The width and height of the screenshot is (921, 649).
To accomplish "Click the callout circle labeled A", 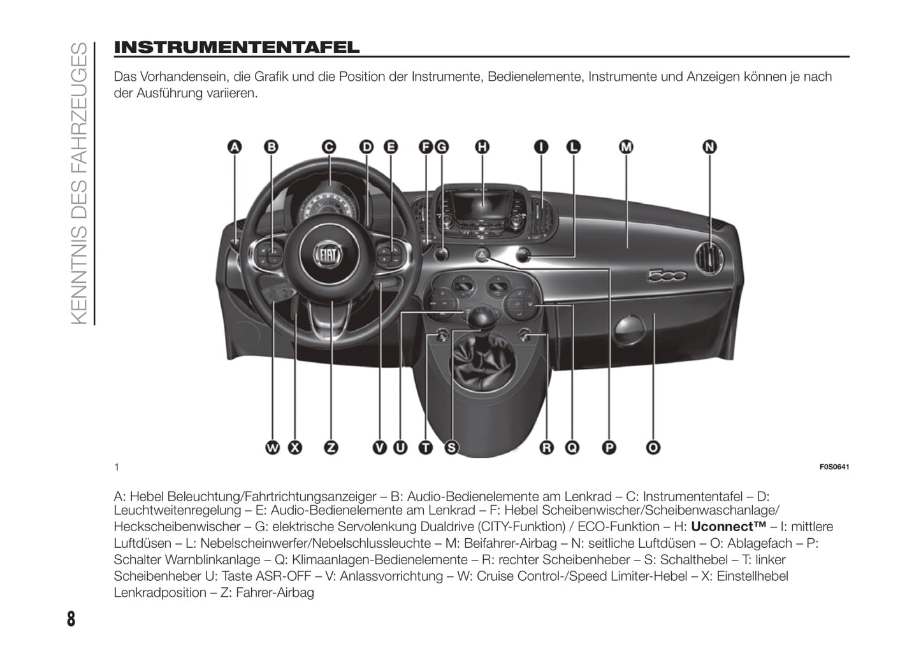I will click(235, 147).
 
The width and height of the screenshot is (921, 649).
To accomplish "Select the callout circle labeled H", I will click(482, 147).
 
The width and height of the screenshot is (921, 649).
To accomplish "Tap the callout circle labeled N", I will click(709, 147).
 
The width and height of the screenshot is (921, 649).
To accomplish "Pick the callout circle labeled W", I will click(273, 448).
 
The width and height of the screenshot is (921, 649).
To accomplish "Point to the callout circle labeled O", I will click(653, 448).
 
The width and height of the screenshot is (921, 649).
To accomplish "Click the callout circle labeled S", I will click(451, 448).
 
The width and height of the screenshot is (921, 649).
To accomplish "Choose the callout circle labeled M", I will click(626, 147).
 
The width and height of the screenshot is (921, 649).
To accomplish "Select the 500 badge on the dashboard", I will click(667, 275).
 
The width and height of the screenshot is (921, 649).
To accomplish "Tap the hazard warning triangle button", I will click(482, 255).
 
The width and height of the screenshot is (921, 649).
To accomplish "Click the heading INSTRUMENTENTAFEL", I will click(236, 47).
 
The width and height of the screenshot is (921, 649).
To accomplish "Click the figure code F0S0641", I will click(834, 467).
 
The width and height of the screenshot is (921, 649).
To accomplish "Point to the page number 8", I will click(71, 618).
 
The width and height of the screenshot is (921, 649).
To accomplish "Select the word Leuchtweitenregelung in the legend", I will click(177, 510).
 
